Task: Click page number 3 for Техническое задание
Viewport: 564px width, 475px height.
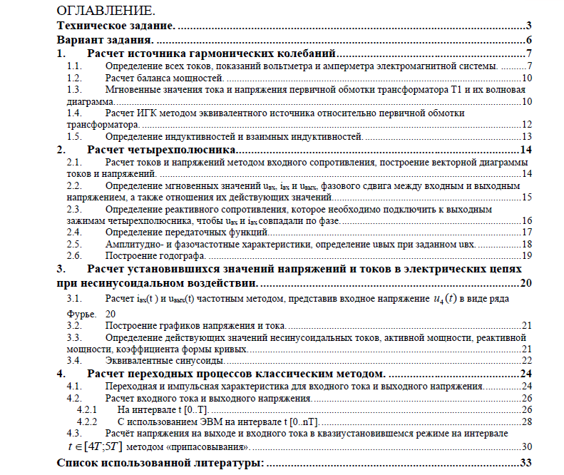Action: (528, 26)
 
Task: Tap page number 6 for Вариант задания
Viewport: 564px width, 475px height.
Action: (528, 40)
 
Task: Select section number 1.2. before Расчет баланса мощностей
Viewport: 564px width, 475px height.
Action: (74, 78)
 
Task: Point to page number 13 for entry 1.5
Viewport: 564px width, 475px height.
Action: (527, 136)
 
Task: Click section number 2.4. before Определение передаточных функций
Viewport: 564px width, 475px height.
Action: (74, 232)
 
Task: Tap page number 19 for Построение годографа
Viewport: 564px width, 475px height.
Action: (527, 255)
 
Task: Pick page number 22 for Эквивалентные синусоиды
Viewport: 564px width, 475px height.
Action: (527, 360)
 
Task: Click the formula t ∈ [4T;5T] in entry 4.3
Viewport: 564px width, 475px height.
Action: (93, 446)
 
